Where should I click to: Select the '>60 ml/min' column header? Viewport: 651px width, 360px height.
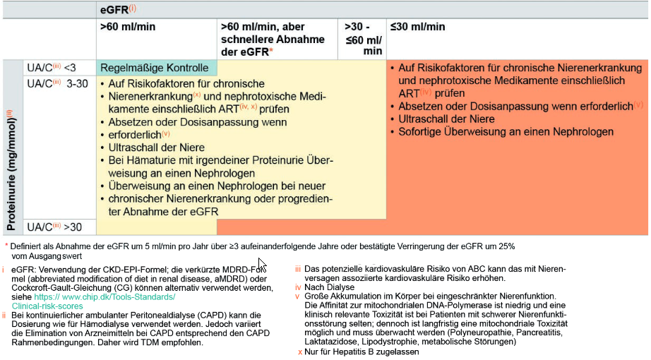128,27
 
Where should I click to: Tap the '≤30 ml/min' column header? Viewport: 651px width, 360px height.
418,27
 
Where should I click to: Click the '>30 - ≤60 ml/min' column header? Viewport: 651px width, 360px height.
363,39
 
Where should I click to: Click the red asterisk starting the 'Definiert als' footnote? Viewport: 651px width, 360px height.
6,246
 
